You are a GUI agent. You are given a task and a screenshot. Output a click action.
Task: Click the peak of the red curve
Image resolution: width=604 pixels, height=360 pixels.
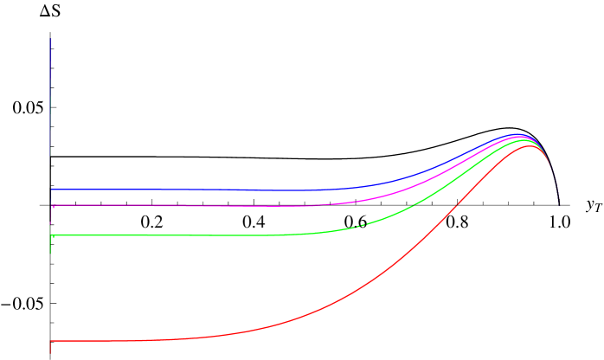[528, 146]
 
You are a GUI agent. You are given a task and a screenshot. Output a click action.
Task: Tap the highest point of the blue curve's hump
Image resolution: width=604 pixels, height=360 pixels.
[518, 134]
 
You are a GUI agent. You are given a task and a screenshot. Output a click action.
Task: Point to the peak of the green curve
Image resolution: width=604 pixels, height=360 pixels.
[524, 139]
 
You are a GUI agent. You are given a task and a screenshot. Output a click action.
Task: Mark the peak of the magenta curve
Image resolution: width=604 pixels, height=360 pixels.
[521, 137]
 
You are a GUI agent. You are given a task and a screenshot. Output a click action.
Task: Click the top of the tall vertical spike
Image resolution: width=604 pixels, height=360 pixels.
[51, 39]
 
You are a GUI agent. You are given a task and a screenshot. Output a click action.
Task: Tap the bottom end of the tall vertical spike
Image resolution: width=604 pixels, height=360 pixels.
[51, 154]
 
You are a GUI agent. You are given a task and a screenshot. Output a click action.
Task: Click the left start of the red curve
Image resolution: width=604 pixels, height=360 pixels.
[52, 341]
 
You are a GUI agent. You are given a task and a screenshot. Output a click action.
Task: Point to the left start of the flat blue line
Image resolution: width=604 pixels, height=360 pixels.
[52, 189]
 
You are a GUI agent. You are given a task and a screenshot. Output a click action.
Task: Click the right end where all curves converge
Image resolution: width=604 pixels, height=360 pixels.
[558, 202]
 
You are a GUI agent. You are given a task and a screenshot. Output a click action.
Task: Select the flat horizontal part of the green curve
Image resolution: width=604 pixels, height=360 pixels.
[173, 235]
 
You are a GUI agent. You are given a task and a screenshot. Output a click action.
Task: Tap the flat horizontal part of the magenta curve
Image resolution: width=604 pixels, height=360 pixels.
[173, 206]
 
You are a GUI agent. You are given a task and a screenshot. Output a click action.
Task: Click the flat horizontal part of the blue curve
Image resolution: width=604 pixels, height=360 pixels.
[173, 189]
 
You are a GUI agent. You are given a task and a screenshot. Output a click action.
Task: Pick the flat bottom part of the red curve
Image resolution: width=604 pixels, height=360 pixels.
[130, 340]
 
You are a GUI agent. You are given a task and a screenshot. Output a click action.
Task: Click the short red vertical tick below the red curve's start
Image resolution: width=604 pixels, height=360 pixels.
[51, 348]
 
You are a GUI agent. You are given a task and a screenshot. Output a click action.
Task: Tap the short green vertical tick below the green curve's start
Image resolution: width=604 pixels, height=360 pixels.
[51, 246]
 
